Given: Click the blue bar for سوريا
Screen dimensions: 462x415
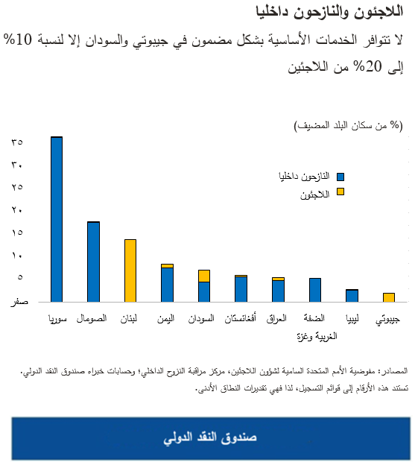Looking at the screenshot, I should pos(57,219).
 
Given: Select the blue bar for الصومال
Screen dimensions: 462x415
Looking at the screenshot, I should pos(93,262).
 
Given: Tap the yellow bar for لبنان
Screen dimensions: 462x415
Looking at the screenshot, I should pos(130,270).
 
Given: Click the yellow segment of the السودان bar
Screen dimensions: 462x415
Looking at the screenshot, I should pos(204,276).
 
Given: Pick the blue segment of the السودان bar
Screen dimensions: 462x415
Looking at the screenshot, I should pos(204,291).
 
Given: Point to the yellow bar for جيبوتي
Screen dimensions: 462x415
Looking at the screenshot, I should pos(388,297).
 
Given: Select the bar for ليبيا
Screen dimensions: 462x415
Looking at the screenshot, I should pos(352,295).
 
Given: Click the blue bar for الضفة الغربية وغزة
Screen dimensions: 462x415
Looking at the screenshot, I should pos(314,289).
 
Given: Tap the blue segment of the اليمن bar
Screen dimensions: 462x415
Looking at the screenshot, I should pos(167,284).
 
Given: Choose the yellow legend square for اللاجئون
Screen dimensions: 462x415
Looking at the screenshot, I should pos(340,192).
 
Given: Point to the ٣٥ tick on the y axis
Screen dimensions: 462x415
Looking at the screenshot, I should pos(18,142).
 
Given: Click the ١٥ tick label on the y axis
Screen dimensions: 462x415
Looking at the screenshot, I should pos(18,232).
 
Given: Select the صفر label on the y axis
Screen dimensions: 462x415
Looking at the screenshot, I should pos(20,302).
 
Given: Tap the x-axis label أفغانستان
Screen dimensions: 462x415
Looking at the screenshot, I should pos(241,320).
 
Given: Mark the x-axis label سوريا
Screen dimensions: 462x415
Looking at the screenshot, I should pos(57,320).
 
